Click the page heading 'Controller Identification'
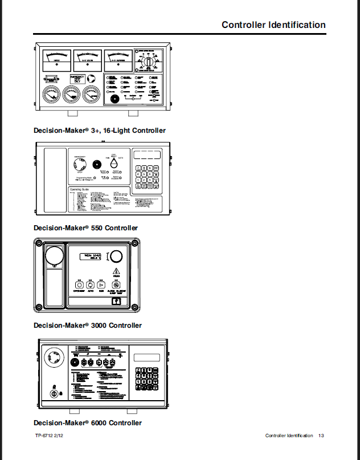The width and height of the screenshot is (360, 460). pos(273,25)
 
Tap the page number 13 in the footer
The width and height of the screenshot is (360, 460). pos(321,436)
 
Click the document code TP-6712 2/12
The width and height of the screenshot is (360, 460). pos(50,436)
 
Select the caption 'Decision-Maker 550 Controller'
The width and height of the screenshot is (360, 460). pos(85,228)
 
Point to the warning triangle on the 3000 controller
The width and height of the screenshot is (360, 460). pos(116,271)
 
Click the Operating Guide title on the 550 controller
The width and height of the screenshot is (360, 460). pos(80,189)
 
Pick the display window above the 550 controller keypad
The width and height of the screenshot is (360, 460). pos(146,155)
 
